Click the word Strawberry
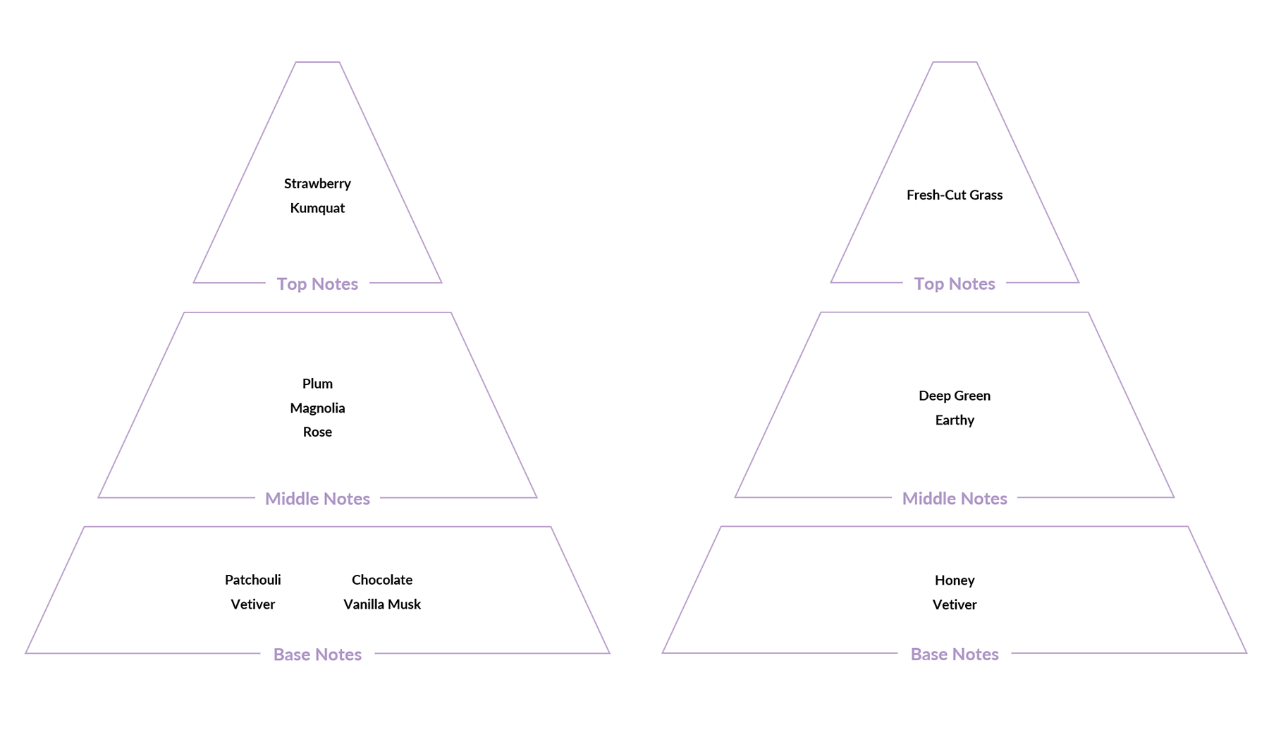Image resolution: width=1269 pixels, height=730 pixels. [317, 184]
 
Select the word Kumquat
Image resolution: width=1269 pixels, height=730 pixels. [317, 208]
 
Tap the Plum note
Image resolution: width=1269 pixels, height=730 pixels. [317, 384]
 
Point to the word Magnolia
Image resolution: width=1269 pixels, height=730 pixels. [317, 408]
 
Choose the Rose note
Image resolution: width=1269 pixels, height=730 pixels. [317, 432]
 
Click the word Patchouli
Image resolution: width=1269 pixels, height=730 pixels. [253, 580]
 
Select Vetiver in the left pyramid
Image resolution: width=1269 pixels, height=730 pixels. [253, 604]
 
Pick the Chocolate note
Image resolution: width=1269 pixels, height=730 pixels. [382, 580]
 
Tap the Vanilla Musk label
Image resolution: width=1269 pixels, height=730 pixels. [382, 604]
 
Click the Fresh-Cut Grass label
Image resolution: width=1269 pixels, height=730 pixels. [955, 195]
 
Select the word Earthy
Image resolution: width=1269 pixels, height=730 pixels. [955, 420]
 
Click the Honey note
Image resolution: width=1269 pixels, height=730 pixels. [955, 580]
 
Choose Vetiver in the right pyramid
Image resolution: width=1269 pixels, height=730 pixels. [955, 604]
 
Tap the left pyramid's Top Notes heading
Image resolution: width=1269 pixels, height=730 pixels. [317, 284]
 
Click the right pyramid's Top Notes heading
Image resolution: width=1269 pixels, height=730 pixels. [955, 284]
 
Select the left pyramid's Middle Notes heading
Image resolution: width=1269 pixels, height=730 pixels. [317, 499]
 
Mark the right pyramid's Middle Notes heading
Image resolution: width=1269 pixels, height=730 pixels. [955, 499]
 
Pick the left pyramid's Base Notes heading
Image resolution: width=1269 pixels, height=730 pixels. [317, 655]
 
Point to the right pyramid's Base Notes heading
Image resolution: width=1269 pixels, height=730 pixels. [955, 655]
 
